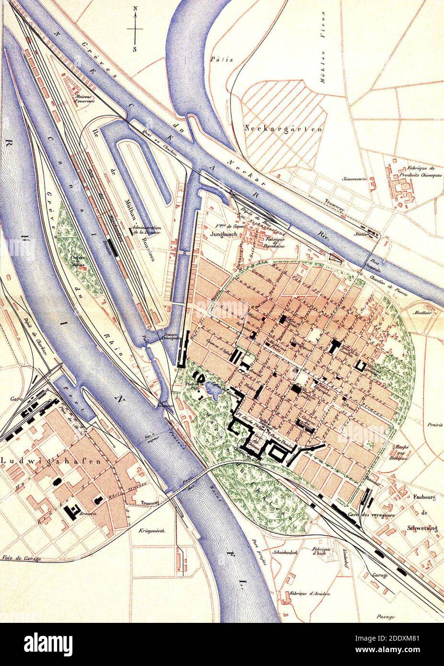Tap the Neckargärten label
[283, 129]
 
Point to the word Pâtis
[222, 59]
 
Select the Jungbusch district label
[221, 235]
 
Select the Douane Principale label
[170, 337]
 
